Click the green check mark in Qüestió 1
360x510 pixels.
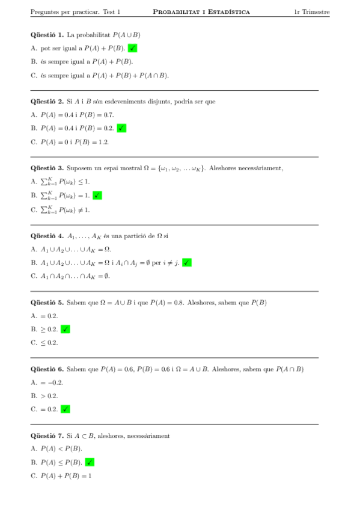(133, 48)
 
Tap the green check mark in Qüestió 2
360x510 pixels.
(121, 128)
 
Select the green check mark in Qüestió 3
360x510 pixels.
(97, 195)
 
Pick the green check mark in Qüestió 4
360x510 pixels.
(187, 262)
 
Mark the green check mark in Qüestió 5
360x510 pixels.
(66, 329)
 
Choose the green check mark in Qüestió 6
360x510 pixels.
(66, 409)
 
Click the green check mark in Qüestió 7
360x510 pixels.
(90, 462)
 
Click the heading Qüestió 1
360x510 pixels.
(47, 35)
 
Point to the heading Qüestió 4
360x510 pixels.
(47, 236)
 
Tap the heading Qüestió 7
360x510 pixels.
(47, 435)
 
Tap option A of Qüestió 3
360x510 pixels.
(60, 182)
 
